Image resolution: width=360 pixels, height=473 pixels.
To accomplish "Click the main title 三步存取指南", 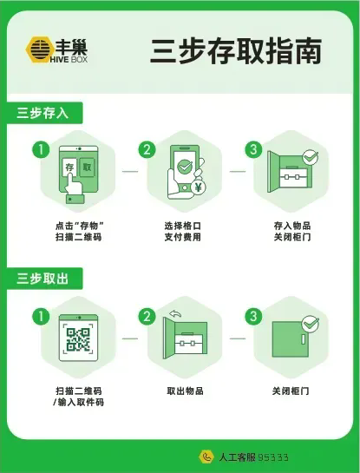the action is pos(236,51).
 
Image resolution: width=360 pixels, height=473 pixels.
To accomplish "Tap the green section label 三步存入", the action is pos(43,113).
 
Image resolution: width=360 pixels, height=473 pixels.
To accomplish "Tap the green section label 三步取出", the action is pos(43,279).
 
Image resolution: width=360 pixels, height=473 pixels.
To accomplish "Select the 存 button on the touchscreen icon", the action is pos(69,168).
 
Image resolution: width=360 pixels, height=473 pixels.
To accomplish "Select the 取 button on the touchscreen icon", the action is pos(87,168).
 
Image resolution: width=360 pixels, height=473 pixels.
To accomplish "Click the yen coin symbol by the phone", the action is pos(199,187).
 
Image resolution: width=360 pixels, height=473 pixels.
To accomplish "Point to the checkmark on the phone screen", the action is pos(185,166).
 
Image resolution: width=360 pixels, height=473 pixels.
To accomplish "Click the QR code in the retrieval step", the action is pos(78,339).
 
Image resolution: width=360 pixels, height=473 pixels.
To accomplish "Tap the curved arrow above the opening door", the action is pos(175,313).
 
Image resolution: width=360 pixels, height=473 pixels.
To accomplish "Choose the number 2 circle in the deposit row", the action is pos(147,149).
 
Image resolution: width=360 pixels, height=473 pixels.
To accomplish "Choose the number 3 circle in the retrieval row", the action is pos(253,316).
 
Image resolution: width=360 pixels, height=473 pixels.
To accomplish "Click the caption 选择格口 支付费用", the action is pos(183,232).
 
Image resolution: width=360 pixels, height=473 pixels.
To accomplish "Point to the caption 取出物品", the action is pos(185,391).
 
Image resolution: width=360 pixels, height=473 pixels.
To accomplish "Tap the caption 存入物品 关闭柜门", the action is pos(292,232).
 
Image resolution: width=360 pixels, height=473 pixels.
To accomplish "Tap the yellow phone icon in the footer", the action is pos(206,457).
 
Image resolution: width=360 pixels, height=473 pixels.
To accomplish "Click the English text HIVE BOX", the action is pos(69,59).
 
